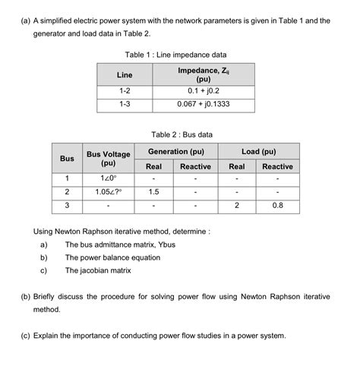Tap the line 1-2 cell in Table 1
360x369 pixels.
[x=124, y=92]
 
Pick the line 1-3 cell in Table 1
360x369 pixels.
[x=124, y=105]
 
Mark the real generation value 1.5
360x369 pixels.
[x=153, y=191]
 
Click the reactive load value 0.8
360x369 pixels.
[x=277, y=205]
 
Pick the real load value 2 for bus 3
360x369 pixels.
[x=237, y=205]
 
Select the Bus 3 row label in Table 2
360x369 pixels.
[x=67, y=205]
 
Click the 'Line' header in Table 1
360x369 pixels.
[x=124, y=74]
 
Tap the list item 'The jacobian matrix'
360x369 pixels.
[x=98, y=270]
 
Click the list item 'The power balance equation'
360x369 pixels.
[x=112, y=258]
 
